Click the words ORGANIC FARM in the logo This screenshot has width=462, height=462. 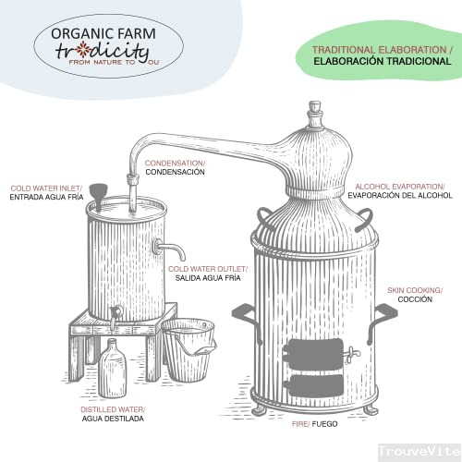[x=103, y=33]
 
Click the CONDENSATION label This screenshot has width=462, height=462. [x=175, y=163]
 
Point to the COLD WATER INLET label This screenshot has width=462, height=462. [x=46, y=188]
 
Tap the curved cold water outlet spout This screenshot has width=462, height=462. [x=170, y=249]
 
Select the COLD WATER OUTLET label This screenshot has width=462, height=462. [x=208, y=269]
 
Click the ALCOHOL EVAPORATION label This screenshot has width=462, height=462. [x=400, y=187]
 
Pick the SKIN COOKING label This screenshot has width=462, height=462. [x=415, y=290]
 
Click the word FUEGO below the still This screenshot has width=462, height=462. [x=324, y=424]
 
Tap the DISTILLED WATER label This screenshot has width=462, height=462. [x=113, y=409]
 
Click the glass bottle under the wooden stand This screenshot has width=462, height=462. [x=113, y=368]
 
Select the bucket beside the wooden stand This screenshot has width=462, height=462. [x=188, y=349]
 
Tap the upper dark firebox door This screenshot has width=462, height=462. [x=313, y=354]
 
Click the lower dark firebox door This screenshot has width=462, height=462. [x=313, y=386]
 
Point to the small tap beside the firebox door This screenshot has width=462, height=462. [x=352, y=354]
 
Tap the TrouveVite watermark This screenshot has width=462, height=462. [x=419, y=452]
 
